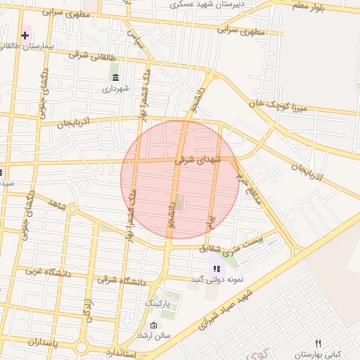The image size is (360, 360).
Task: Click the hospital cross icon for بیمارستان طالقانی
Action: tap(25, 35)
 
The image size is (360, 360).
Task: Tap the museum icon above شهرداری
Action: tap(115, 77)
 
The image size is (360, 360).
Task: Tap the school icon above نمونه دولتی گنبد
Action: tap(217, 268)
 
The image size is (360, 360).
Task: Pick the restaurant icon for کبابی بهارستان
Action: tap(318, 343)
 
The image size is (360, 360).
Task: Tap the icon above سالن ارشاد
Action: tap(154, 325)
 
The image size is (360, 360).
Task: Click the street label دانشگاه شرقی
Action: tap(122, 281)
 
